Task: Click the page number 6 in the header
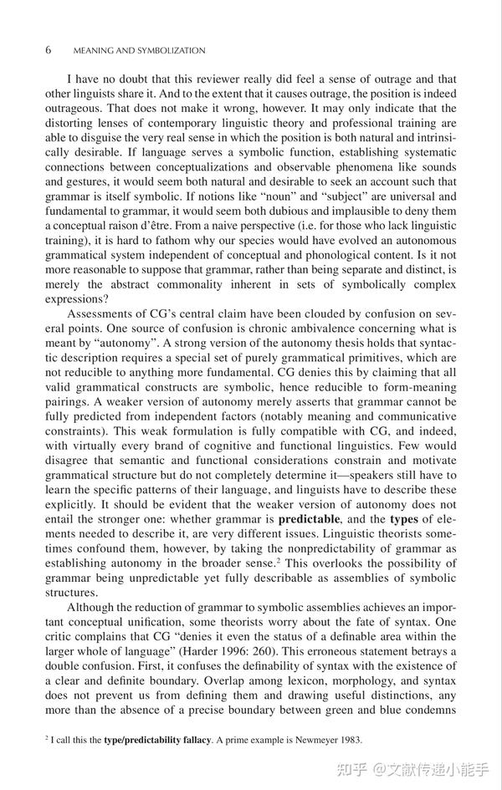[48, 50]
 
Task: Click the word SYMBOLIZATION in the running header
[171, 51]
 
